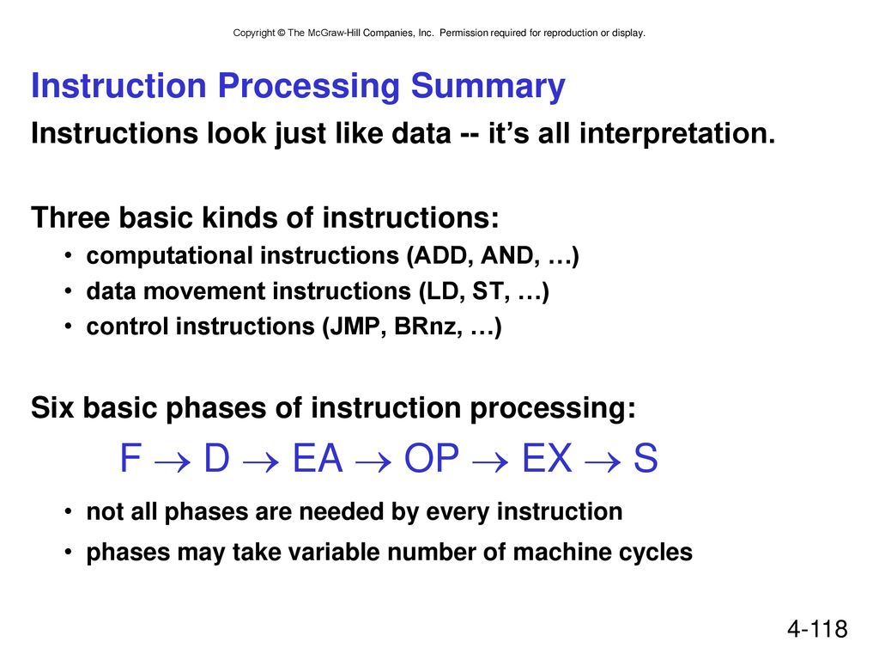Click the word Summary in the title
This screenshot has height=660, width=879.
point(488,88)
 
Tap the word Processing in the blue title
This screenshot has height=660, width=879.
point(308,88)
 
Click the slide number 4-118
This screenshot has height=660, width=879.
point(817,628)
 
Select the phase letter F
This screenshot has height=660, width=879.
point(130,458)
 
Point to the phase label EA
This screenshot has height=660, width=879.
point(318,458)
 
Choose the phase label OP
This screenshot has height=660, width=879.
point(432,458)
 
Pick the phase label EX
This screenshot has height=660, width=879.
point(547,458)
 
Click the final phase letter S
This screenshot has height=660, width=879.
point(646,458)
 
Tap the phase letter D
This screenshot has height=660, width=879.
point(217,458)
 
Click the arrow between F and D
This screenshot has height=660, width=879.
point(172,462)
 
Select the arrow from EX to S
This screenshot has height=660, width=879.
point(603,462)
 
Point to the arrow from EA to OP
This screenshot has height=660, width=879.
point(373,462)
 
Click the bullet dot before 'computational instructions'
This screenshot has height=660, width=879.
point(68,256)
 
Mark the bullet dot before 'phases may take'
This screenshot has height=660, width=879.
point(68,553)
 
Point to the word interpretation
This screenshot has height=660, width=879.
point(677,133)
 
